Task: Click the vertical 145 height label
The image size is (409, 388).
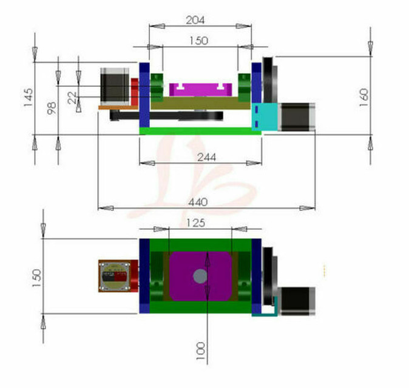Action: (29, 97)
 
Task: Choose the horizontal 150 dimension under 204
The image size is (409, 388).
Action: (199, 41)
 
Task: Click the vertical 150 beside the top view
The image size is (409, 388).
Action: (37, 275)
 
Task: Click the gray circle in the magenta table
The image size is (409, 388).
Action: (200, 276)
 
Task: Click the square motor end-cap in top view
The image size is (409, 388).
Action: (115, 276)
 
